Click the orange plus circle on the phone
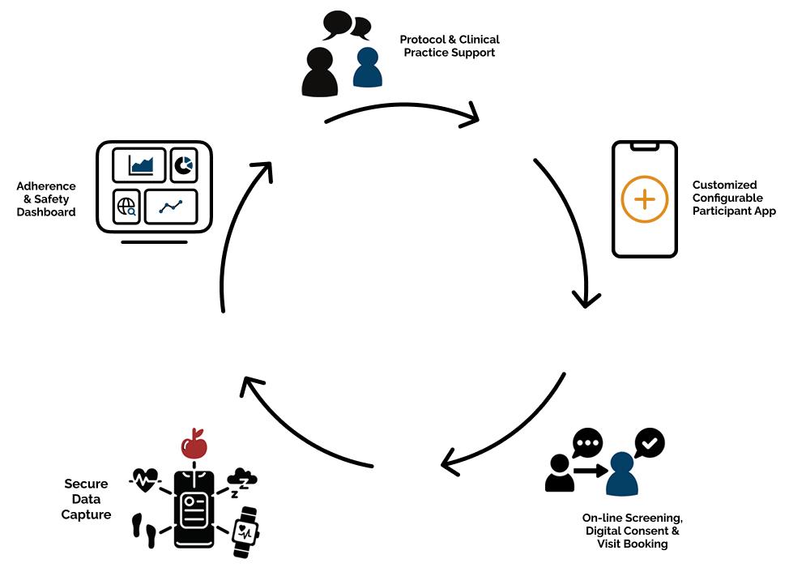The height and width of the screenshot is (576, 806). [645, 198]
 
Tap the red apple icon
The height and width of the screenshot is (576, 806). [194, 443]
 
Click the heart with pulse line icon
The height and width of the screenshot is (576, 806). [145, 480]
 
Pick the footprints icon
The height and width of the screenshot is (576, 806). [143, 530]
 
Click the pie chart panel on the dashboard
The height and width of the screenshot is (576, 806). [184, 166]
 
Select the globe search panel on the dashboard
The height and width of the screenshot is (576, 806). [127, 207]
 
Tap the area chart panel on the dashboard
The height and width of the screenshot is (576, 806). [139, 166]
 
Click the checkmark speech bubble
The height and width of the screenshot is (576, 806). [650, 443]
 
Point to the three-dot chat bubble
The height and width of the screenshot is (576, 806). [587, 443]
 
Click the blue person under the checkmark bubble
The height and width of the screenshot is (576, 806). [622, 475]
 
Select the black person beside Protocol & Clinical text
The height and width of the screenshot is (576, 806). [319, 72]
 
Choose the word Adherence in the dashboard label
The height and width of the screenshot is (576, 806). [46, 186]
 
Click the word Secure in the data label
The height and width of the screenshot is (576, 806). [86, 484]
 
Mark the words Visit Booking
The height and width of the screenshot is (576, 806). [632, 544]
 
